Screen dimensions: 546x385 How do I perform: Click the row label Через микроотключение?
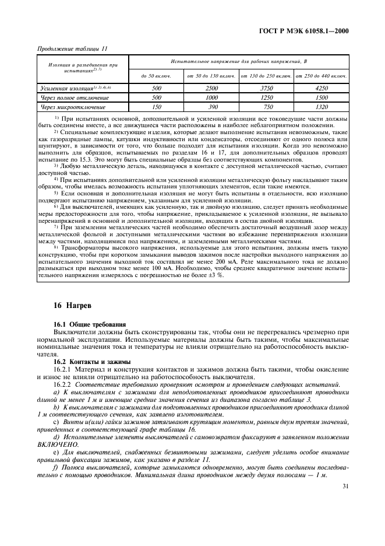pyautogui.click(x=65, y=107)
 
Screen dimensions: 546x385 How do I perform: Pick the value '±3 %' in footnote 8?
pyautogui.click(x=215, y=275)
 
